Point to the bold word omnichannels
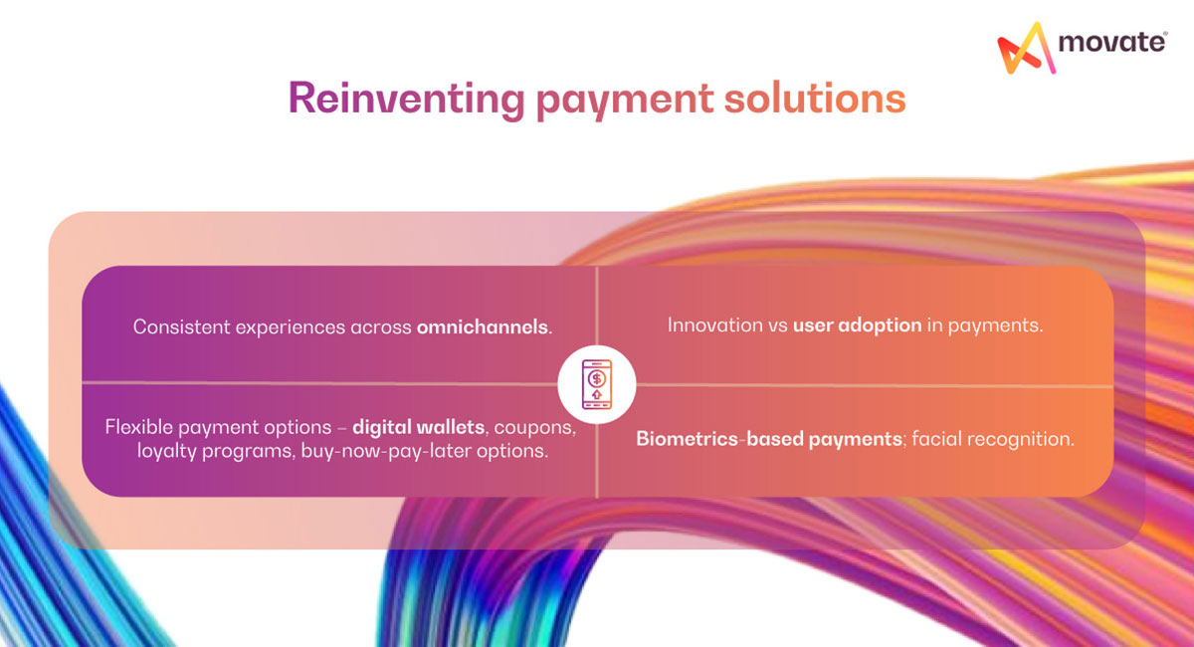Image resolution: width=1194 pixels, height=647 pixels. [x=483, y=326]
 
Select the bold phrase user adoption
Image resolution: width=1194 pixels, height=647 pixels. [x=857, y=325]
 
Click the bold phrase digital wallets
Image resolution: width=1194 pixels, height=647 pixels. [x=419, y=426]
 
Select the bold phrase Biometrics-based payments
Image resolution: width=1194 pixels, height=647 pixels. [x=768, y=438]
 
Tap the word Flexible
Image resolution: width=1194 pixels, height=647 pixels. [x=138, y=426]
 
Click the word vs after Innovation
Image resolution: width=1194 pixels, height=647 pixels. [x=776, y=325]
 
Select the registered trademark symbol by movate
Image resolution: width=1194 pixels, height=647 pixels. [x=1165, y=35]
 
